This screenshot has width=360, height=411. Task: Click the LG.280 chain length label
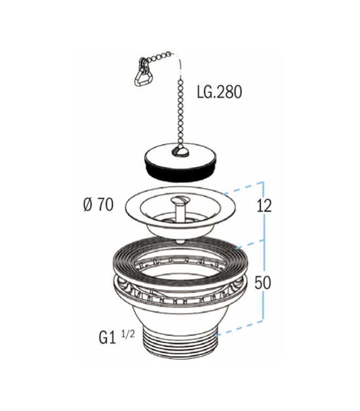click(x=220, y=92)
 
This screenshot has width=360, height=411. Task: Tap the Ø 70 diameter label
click(x=98, y=204)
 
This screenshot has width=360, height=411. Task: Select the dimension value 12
click(x=264, y=206)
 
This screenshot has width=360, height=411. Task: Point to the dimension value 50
click(x=263, y=283)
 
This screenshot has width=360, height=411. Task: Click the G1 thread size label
click(x=107, y=338)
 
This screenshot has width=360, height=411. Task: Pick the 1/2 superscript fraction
click(x=128, y=334)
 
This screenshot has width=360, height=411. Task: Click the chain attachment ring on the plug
click(x=180, y=152)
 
